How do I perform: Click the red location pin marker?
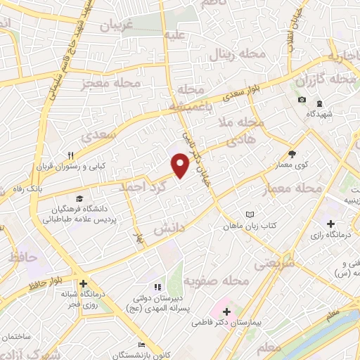(x=181, y=165)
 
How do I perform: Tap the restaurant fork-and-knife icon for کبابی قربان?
(x=70, y=155)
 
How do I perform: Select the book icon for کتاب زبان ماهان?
(x=250, y=214)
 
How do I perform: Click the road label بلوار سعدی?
(x=246, y=96)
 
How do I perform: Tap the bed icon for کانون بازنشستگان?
(x=141, y=345)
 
